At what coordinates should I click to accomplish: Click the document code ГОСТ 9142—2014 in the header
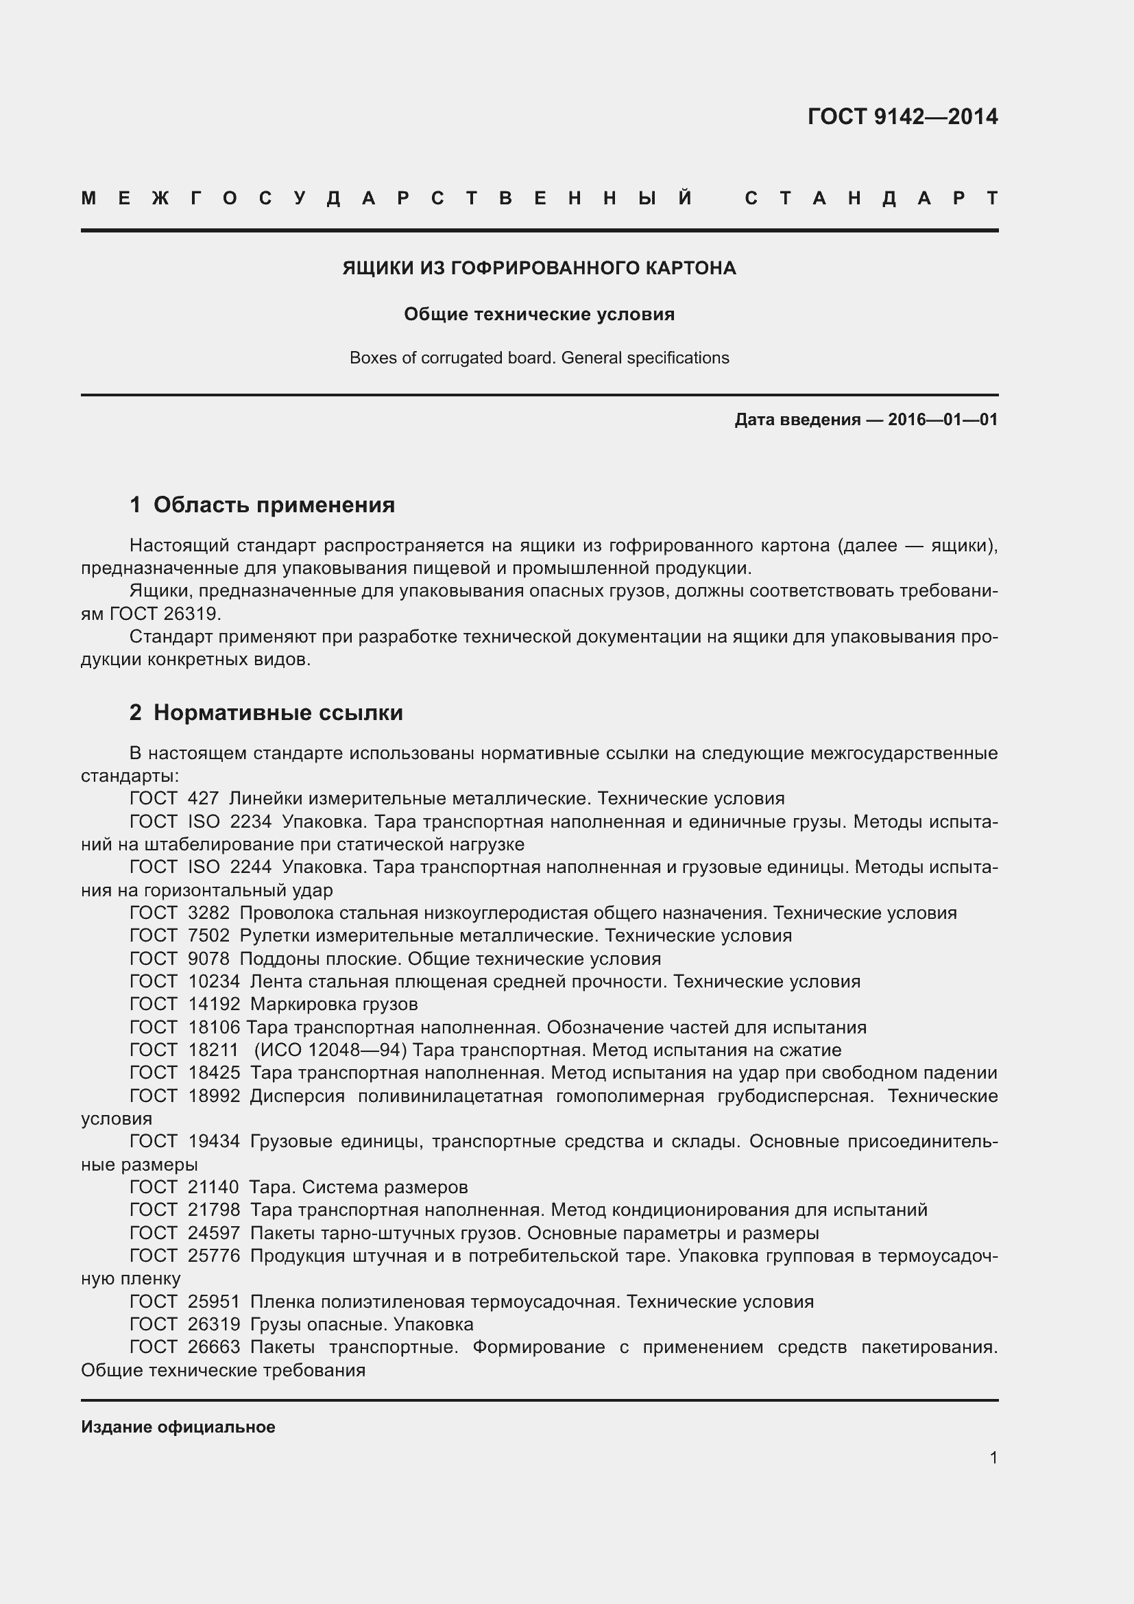click(902, 116)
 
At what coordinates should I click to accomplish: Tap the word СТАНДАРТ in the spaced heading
click(871, 198)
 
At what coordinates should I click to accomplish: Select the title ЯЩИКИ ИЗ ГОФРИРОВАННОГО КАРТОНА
click(539, 268)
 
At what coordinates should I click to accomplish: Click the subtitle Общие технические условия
click(539, 314)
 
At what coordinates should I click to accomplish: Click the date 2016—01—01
click(943, 420)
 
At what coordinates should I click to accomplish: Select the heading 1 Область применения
click(262, 505)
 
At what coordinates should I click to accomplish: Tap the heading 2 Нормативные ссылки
click(266, 713)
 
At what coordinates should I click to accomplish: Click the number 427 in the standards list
click(203, 798)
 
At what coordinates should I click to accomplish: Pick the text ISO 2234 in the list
click(230, 822)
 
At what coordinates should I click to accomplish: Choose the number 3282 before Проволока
click(208, 913)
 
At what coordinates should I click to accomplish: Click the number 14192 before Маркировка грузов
click(214, 1005)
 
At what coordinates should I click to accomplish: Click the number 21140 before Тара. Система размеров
click(213, 1188)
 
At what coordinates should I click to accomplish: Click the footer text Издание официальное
click(178, 1427)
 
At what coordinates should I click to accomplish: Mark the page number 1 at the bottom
click(993, 1458)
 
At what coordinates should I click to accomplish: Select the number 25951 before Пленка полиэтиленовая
click(214, 1302)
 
